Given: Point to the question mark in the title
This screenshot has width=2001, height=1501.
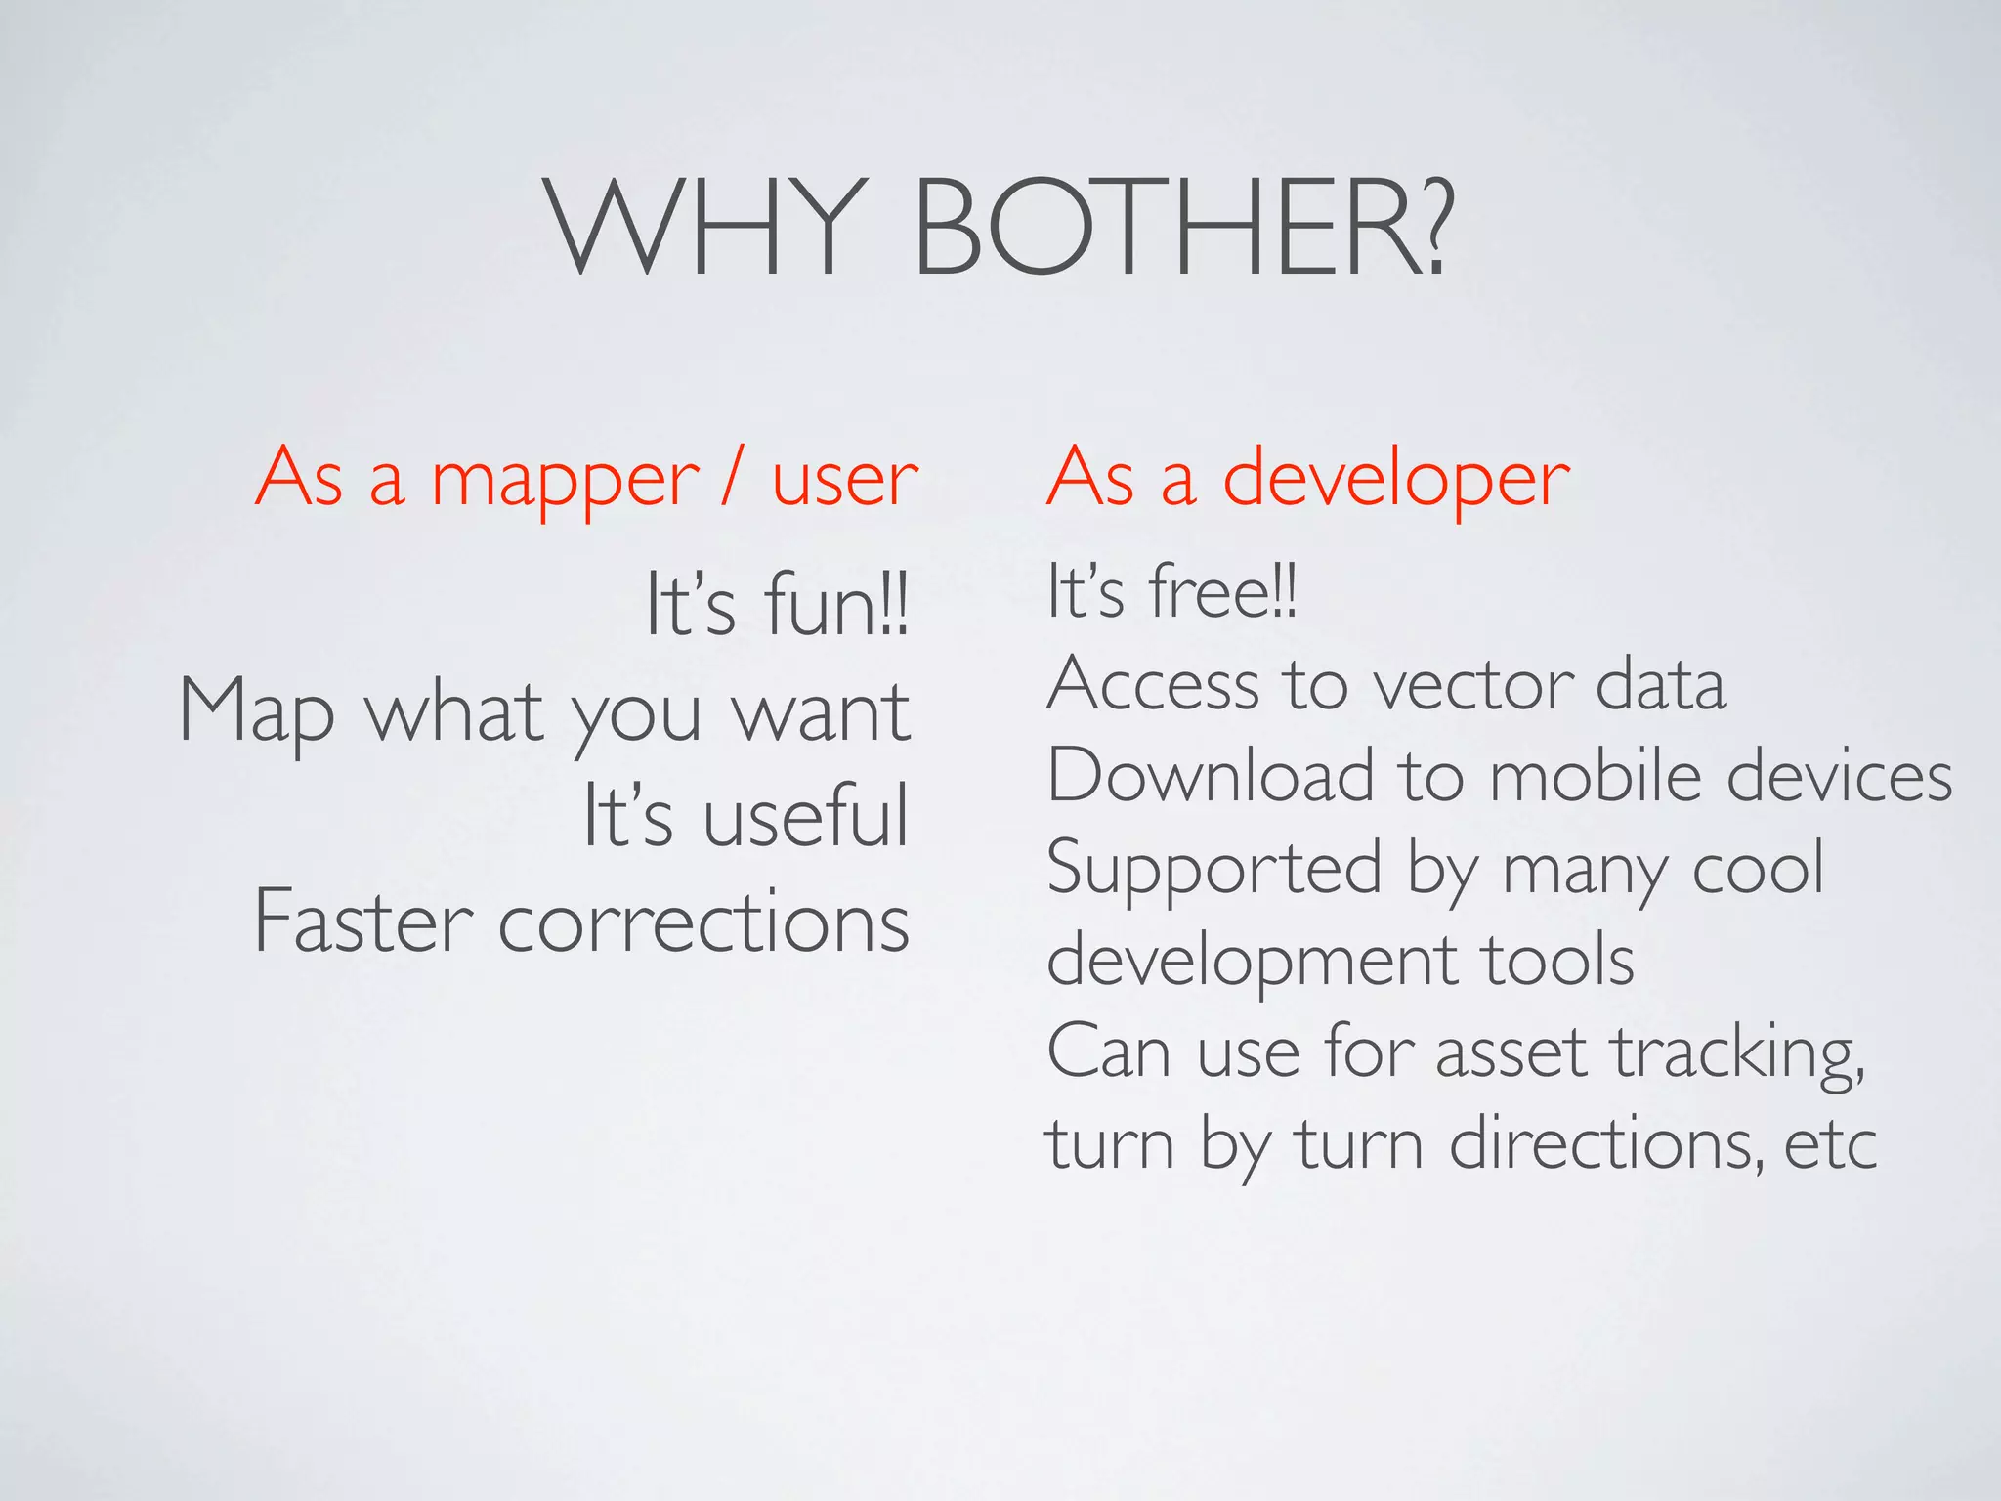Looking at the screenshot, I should click(x=1432, y=227).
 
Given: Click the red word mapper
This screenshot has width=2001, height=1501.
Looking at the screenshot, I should click(x=566, y=481).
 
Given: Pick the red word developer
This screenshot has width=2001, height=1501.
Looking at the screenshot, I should click(x=1396, y=481).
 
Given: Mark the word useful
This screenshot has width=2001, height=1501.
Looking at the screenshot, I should click(x=806, y=816).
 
